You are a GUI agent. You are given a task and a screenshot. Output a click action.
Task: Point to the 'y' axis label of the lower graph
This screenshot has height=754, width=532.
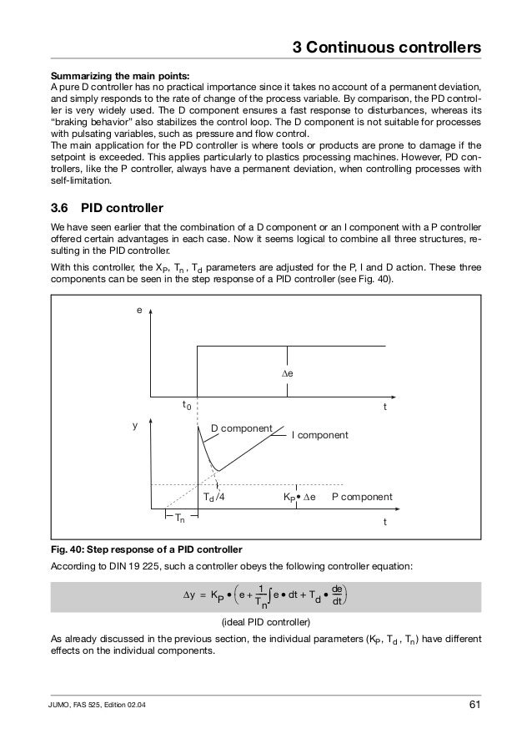click(135, 424)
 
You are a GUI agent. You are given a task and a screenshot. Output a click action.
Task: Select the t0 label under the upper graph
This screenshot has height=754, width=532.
click(188, 405)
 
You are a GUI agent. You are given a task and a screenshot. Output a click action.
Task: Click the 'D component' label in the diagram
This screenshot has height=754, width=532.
click(241, 428)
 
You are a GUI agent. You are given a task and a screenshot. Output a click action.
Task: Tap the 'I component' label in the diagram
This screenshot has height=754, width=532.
click(319, 435)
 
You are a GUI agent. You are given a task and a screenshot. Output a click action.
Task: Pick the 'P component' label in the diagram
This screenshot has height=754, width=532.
click(362, 496)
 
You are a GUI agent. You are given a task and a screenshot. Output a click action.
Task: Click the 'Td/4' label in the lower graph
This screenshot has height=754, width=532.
click(215, 497)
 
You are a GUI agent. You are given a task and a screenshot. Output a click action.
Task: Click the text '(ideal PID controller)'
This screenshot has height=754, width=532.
click(265, 623)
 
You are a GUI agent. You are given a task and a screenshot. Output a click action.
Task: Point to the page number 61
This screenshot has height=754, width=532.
click(474, 709)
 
